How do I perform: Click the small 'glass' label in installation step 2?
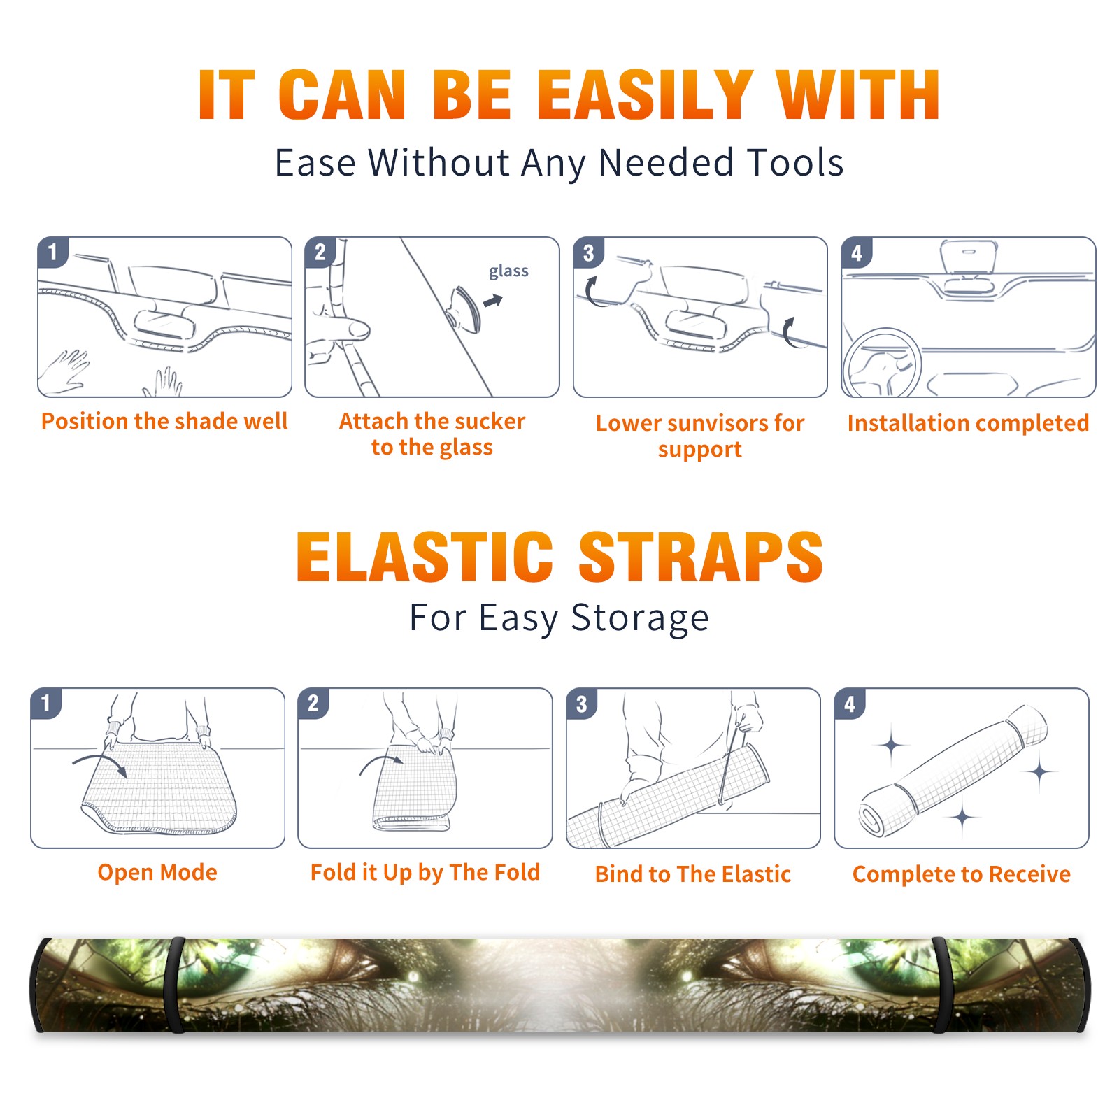(x=508, y=271)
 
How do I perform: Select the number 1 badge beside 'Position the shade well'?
(x=52, y=251)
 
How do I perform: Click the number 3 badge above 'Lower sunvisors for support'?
(x=588, y=252)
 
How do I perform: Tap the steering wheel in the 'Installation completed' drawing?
(x=882, y=362)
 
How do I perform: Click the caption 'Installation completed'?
(x=968, y=423)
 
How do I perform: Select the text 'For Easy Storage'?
(x=559, y=618)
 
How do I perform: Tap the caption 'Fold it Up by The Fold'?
(x=425, y=872)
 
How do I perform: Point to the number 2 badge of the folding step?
(x=313, y=703)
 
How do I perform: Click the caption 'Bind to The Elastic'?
(x=693, y=874)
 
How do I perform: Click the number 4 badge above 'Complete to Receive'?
(x=850, y=704)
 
